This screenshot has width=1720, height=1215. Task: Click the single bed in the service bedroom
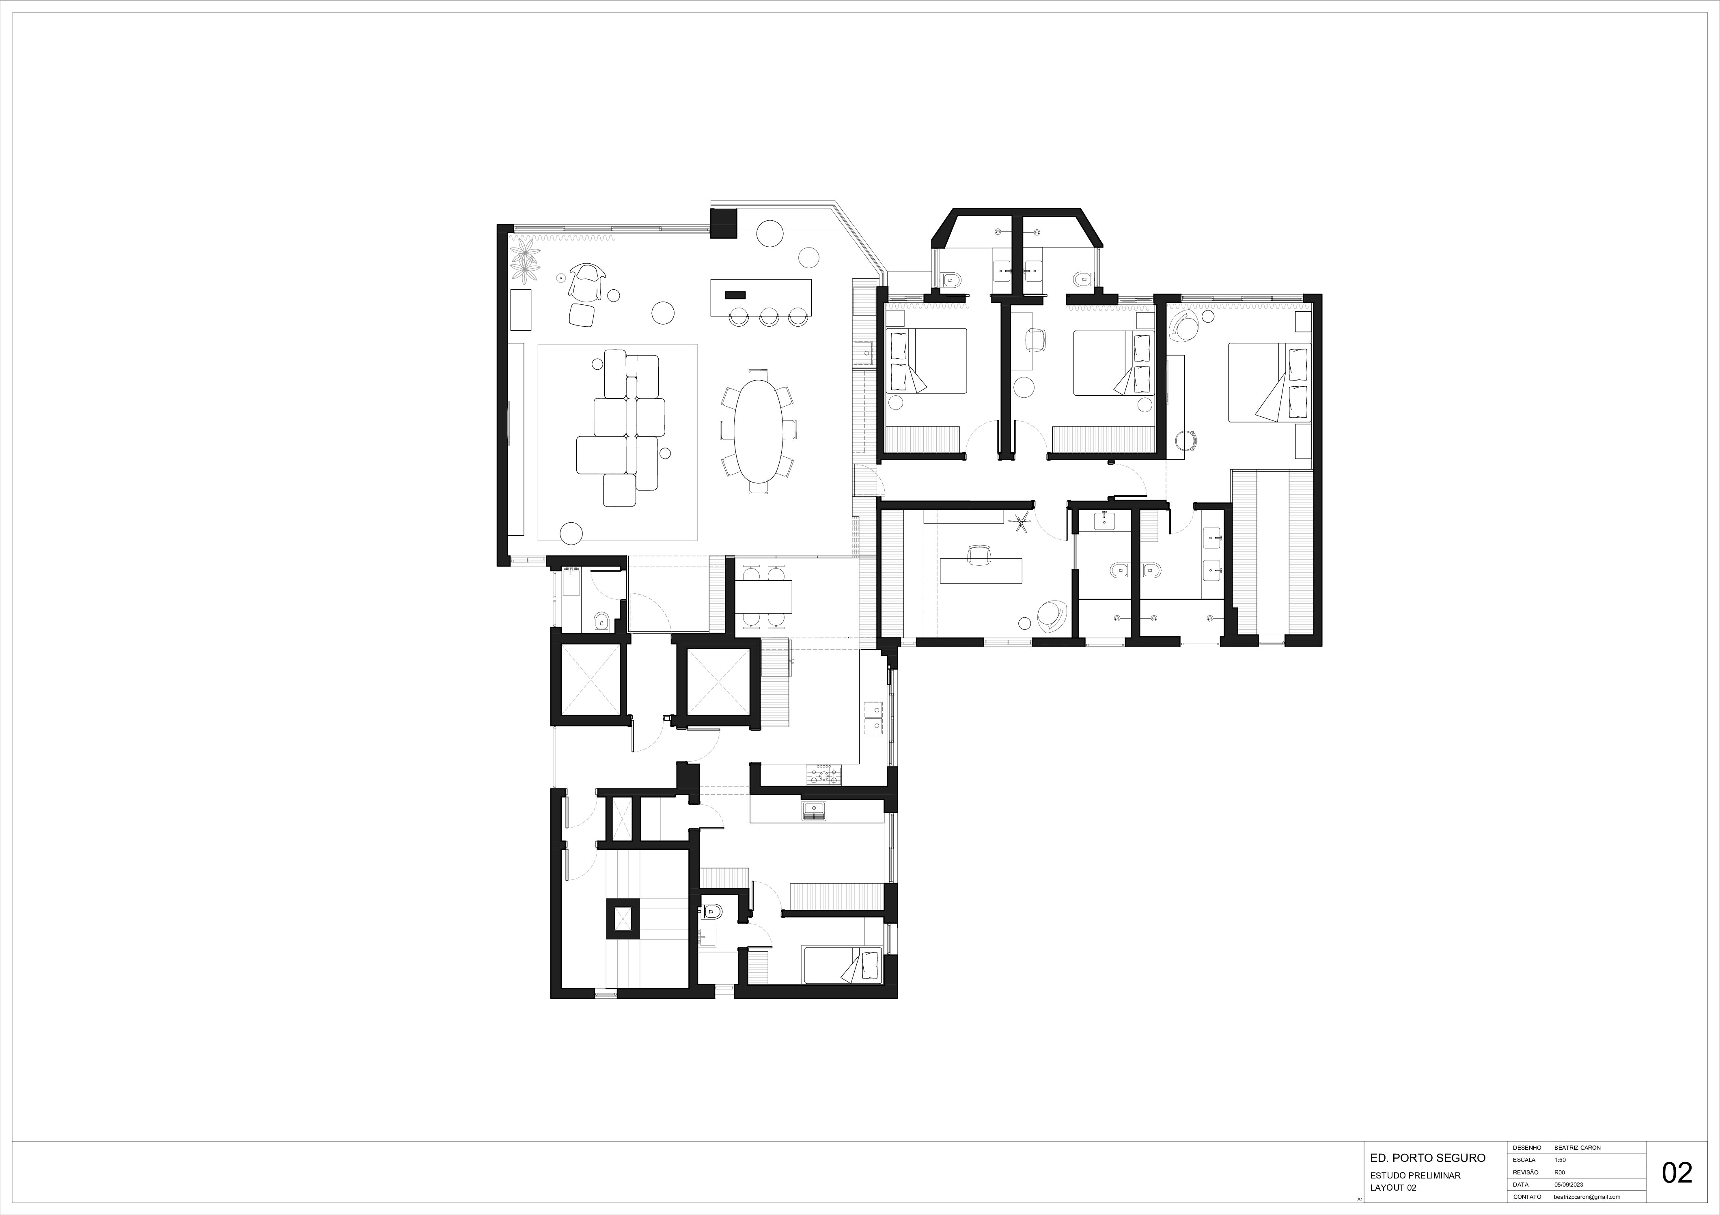coord(843,965)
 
